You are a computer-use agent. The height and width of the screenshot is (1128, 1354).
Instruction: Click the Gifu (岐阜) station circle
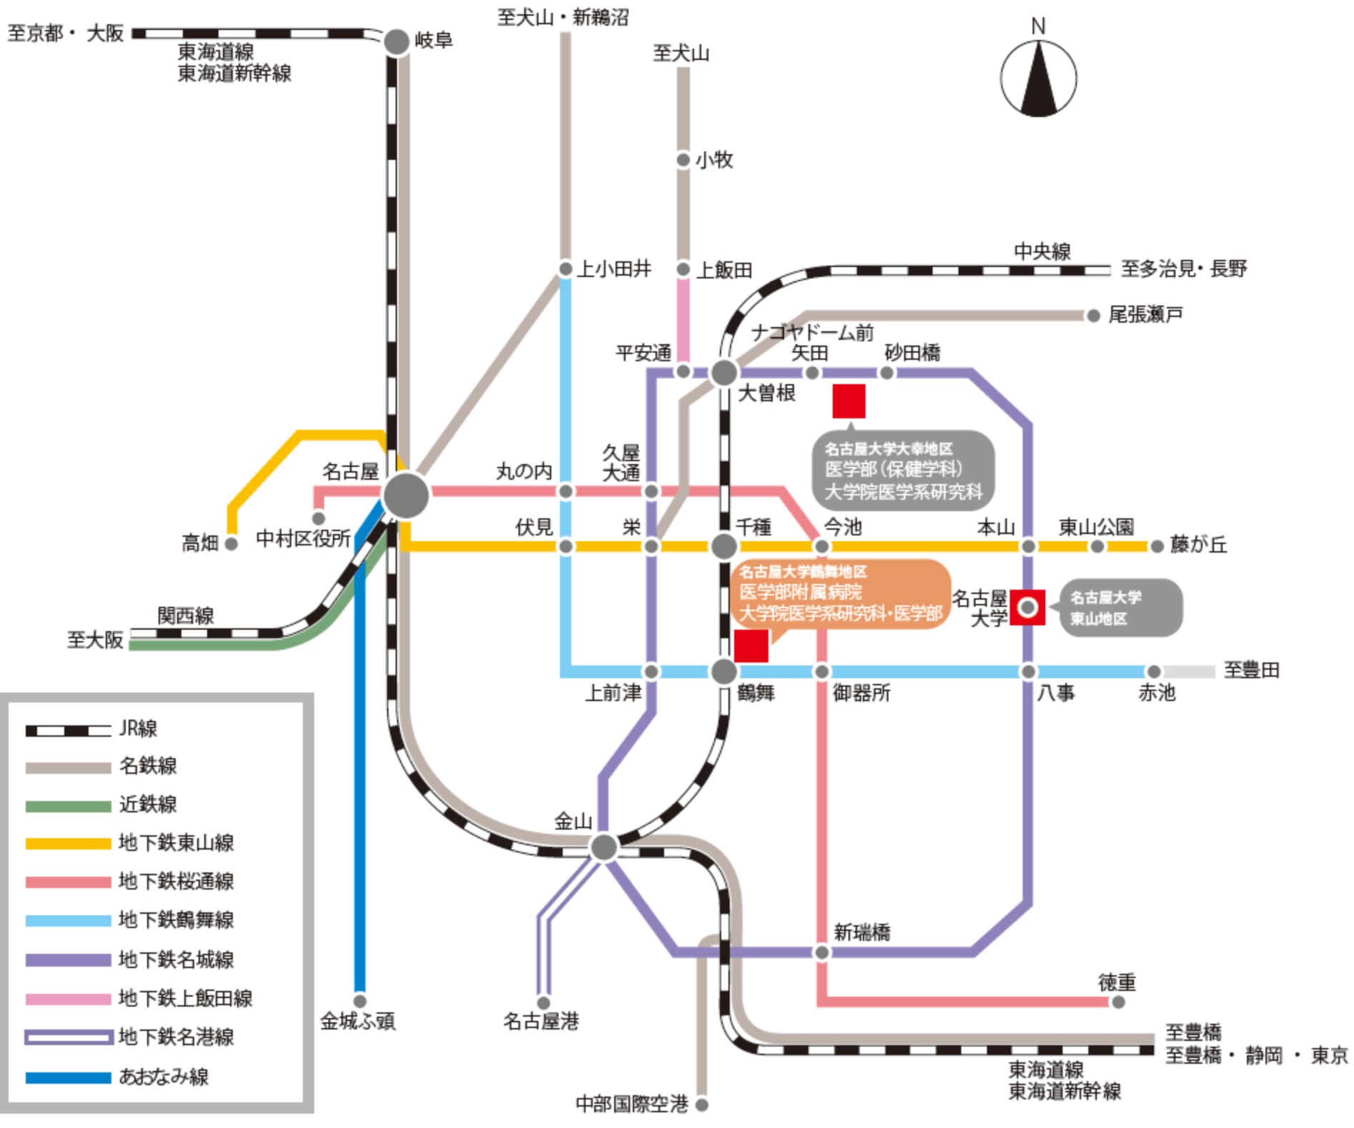pyautogui.click(x=396, y=41)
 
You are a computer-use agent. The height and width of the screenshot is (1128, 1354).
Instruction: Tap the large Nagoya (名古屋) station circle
pyautogui.click(x=406, y=495)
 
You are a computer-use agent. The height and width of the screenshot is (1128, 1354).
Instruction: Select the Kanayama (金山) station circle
pyautogui.click(x=604, y=847)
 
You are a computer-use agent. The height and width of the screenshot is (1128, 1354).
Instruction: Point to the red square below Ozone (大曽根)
pyautogui.click(x=848, y=401)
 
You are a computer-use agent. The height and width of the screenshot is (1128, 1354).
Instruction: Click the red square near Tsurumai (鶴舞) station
pyautogui.click(x=751, y=645)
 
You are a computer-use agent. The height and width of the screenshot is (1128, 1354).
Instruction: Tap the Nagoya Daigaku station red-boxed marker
pyautogui.click(x=1027, y=607)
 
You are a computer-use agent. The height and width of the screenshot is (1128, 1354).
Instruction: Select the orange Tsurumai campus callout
pyautogui.click(x=840, y=593)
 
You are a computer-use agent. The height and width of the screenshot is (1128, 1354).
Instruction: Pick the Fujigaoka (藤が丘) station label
pyautogui.click(x=1198, y=545)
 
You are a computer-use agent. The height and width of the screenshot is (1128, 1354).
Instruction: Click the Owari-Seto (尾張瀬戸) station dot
pyautogui.click(x=1093, y=316)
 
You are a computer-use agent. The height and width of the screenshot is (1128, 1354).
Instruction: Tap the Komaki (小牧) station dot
pyautogui.click(x=683, y=160)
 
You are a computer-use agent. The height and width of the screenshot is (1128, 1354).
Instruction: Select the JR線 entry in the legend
pyautogui.click(x=93, y=729)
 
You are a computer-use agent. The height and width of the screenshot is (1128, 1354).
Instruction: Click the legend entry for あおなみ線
pyautogui.click(x=118, y=1077)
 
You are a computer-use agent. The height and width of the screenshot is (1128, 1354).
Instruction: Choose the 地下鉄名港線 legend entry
pyautogui.click(x=129, y=1037)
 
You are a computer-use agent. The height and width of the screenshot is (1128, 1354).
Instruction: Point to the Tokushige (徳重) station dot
pyautogui.click(x=1118, y=1002)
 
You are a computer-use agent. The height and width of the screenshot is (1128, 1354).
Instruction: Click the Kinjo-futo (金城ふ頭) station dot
pyautogui.click(x=360, y=1001)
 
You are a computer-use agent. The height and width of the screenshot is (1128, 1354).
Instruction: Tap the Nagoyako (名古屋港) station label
pyautogui.click(x=541, y=1022)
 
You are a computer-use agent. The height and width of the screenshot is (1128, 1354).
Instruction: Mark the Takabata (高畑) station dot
pyautogui.click(x=231, y=544)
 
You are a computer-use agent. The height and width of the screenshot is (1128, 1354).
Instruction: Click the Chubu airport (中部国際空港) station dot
pyautogui.click(x=701, y=1105)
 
